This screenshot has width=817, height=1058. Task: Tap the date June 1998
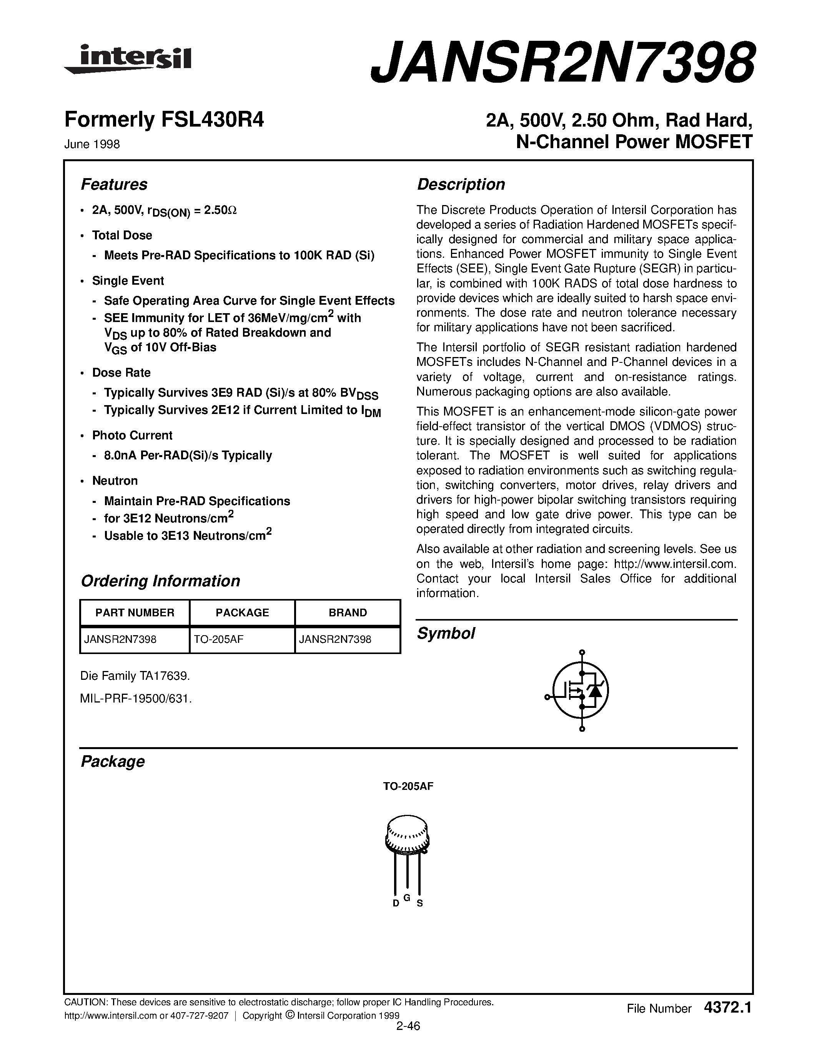(x=92, y=144)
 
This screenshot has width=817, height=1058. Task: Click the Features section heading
(x=114, y=185)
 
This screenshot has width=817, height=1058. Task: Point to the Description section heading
(x=461, y=185)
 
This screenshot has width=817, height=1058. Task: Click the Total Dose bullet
(x=122, y=235)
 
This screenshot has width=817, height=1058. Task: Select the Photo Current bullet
(x=132, y=436)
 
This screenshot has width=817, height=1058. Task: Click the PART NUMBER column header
(x=135, y=613)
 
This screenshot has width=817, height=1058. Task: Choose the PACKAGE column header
(x=242, y=613)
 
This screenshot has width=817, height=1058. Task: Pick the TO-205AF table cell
(x=218, y=639)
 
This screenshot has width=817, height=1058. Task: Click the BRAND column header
(x=348, y=613)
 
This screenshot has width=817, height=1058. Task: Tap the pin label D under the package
(x=396, y=903)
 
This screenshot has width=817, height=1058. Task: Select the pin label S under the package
(x=419, y=903)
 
